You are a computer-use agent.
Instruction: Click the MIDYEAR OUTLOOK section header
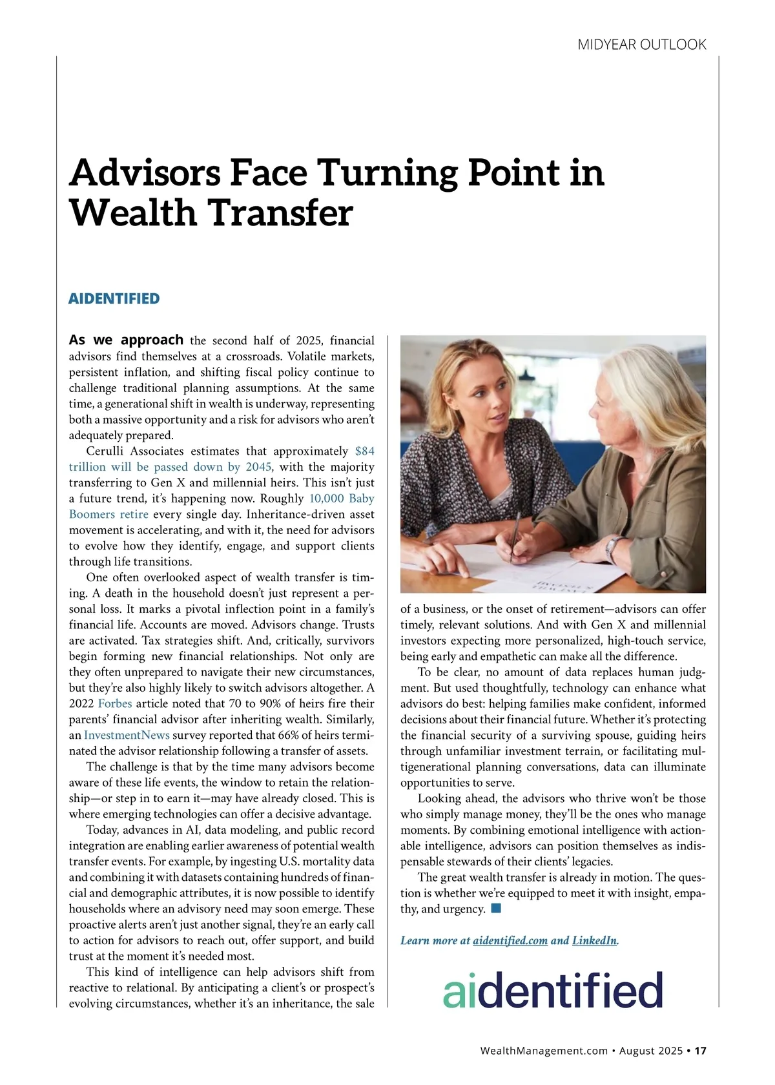pyautogui.click(x=641, y=45)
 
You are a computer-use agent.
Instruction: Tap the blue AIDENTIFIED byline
pyautogui.click(x=114, y=298)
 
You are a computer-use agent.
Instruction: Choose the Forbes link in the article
pyautogui.click(x=115, y=703)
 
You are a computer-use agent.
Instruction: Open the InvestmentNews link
pyautogui.click(x=127, y=735)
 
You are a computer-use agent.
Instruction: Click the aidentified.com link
pyautogui.click(x=510, y=940)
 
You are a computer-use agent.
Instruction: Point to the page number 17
pyautogui.click(x=700, y=1051)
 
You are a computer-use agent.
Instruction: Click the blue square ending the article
pyautogui.click(x=496, y=909)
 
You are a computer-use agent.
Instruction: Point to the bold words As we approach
pyautogui.click(x=126, y=340)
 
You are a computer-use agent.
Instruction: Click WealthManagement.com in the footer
pyautogui.click(x=544, y=1051)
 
